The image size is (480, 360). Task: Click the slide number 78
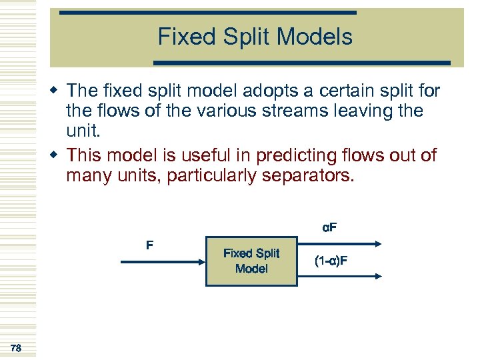point(16,347)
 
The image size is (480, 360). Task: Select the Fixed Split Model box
point(251,261)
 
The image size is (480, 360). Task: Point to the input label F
point(149,245)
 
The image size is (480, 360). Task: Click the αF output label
point(329,227)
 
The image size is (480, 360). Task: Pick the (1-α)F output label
point(331,261)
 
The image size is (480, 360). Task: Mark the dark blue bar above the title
point(207,13)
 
